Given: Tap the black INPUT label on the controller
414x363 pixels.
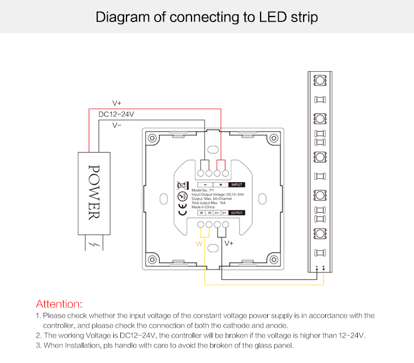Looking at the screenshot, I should point(236,185).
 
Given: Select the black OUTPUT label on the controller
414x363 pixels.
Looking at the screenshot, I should point(236,212).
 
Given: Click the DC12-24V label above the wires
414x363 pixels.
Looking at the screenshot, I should point(116,114).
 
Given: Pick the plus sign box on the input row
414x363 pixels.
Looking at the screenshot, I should point(220,185).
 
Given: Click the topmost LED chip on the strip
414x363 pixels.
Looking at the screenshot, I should point(319,81).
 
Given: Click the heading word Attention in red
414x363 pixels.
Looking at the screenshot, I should point(59,303).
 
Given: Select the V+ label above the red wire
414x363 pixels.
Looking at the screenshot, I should point(117,103).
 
